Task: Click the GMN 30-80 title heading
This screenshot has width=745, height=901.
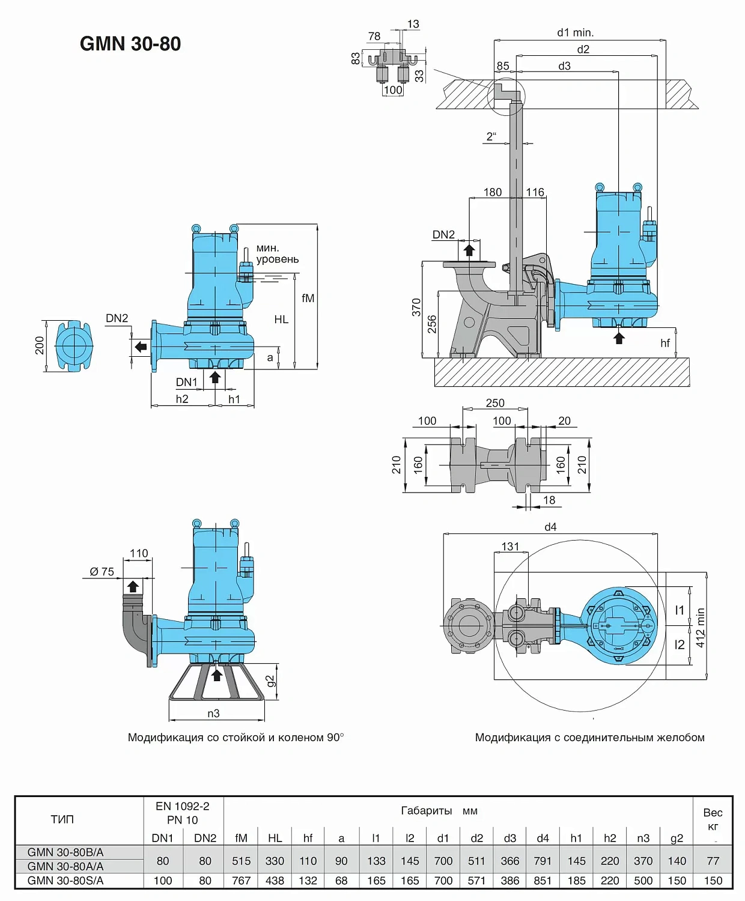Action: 130,44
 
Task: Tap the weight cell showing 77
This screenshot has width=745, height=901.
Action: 713,861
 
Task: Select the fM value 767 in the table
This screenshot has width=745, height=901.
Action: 241,881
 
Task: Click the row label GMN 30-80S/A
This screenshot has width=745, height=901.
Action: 65,881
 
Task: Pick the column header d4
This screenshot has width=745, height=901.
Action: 543,838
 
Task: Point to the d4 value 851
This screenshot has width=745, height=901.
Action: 543,881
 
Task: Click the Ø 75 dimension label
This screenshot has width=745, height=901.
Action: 102,572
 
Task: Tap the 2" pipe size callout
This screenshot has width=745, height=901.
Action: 491,136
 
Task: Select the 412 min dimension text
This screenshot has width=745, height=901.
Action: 701,627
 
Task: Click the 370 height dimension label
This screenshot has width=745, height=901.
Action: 416,307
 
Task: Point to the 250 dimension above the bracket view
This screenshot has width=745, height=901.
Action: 495,403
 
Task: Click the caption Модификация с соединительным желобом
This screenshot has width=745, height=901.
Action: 589,738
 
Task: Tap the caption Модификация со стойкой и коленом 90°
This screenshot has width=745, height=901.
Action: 236,738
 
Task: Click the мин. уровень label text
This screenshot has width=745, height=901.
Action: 277,253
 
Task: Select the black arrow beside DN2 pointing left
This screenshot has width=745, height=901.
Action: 141,347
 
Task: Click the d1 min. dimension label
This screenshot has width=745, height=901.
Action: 575,32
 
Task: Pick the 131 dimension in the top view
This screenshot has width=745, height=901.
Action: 510,547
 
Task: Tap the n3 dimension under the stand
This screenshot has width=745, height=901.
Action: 213,714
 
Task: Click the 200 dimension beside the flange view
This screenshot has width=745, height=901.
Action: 40,345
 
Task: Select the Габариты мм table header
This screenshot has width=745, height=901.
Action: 439,811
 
